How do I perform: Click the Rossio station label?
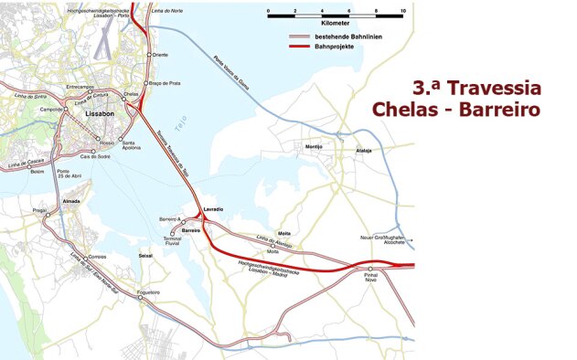(x=108, y=143)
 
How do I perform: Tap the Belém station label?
(x=37, y=171)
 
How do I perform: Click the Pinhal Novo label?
(x=370, y=278)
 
